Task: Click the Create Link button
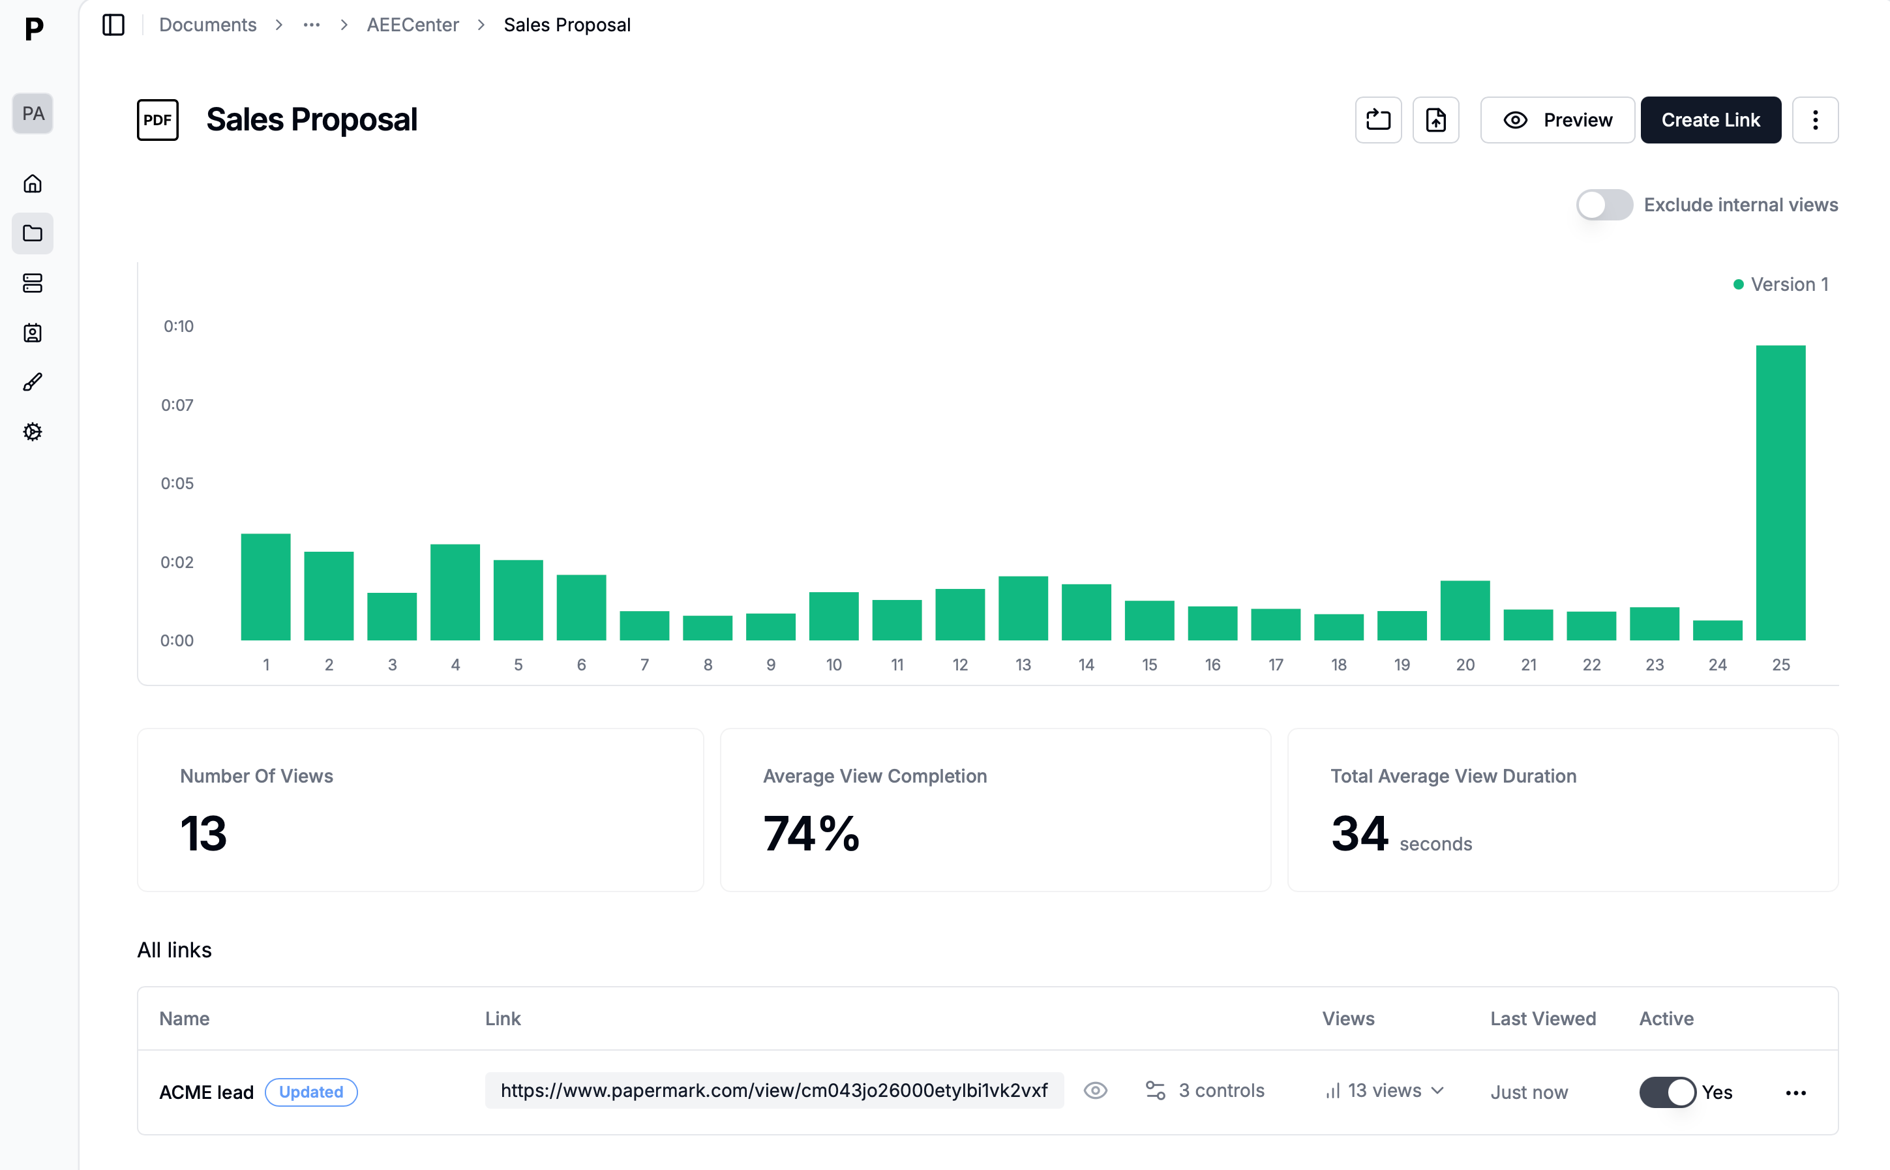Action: [x=1710, y=120]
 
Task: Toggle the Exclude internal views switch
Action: [x=1604, y=205]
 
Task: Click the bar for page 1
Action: [x=265, y=588]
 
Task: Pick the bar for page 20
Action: [x=1465, y=610]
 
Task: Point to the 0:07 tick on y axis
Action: [x=177, y=405]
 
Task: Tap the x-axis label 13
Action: [x=1023, y=665]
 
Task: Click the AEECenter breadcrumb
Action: [x=412, y=25]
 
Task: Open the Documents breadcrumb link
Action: [x=207, y=25]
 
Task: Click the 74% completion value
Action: [x=811, y=833]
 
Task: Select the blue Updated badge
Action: [x=311, y=1092]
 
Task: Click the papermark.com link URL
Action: [x=773, y=1090]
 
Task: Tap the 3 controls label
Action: [x=1221, y=1090]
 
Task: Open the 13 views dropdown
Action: [x=1385, y=1090]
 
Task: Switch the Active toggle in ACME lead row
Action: [x=1667, y=1092]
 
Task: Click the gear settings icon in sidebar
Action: [x=33, y=432]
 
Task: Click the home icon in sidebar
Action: [x=33, y=184]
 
